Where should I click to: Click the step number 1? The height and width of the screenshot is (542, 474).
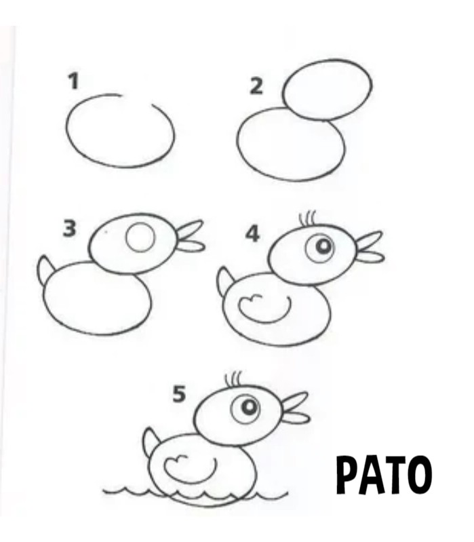(x=73, y=82)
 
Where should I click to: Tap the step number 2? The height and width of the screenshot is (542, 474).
(x=256, y=86)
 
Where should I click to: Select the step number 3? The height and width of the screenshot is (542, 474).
(x=69, y=229)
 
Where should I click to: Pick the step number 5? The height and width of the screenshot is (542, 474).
(x=179, y=394)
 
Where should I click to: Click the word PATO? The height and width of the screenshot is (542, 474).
(x=384, y=476)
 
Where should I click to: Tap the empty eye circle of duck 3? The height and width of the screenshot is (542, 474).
(x=140, y=237)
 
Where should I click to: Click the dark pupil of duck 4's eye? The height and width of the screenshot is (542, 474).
(x=324, y=246)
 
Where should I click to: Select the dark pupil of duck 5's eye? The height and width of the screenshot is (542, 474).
(x=249, y=407)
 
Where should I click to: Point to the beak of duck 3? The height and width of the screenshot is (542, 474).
(x=191, y=237)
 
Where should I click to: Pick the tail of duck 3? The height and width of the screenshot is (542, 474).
(x=46, y=269)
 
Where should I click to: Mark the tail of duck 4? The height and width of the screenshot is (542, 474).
(x=225, y=281)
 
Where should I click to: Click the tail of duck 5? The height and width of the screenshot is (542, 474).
(x=152, y=442)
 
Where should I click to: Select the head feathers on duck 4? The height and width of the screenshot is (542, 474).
(x=307, y=218)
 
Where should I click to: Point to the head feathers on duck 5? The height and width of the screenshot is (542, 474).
(x=233, y=379)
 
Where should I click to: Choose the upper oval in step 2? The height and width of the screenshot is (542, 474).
(x=327, y=90)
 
